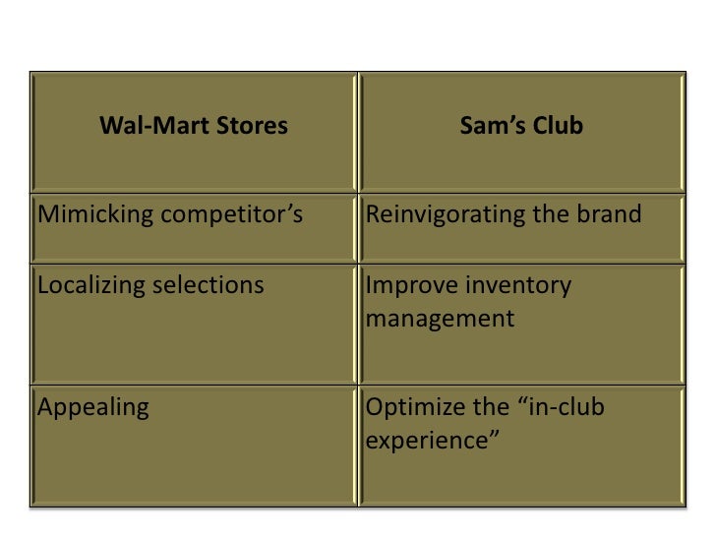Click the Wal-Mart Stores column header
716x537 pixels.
194,127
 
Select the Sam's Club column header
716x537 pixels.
521,127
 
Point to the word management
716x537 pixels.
439,320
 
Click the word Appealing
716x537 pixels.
92,407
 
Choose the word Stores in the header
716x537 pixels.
252,127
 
